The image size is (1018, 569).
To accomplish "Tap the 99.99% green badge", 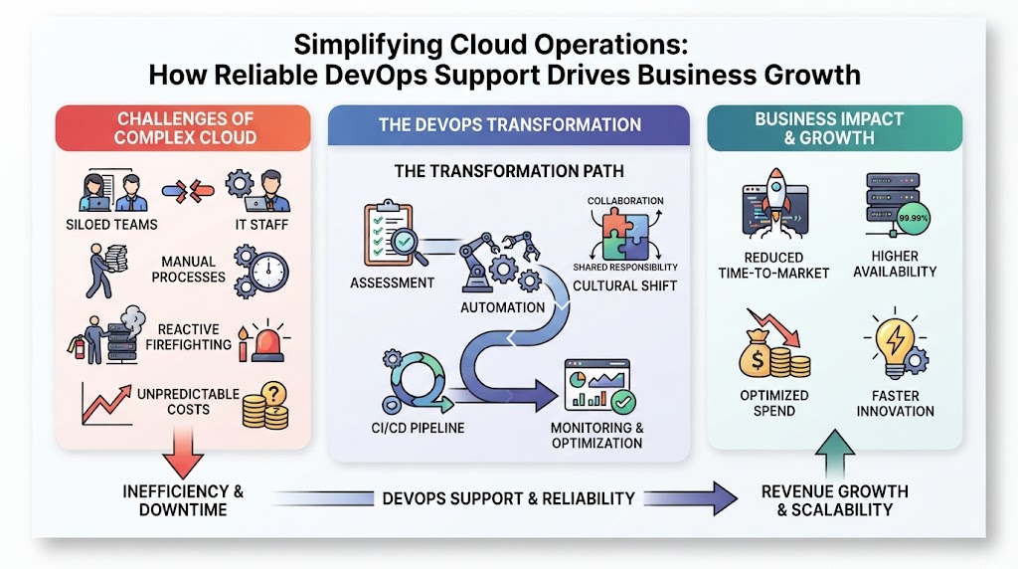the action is [913, 218].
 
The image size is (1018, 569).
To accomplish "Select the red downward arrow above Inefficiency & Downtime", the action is [183, 454].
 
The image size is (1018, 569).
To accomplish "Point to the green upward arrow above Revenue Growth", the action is [834, 454].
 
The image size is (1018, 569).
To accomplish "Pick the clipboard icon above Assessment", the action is [389, 233].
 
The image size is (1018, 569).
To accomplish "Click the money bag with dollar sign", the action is [757, 356].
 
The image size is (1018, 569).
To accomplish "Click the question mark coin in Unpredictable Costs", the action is [274, 394].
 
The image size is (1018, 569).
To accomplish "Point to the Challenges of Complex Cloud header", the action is [183, 128].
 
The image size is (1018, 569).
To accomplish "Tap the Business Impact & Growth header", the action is [835, 128].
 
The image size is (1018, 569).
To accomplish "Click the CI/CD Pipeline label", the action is [419, 428].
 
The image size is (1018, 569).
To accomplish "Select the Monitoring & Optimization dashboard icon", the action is [599, 386].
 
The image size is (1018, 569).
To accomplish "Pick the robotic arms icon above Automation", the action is [499, 263].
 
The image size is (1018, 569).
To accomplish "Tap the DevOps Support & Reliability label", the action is [509, 498].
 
